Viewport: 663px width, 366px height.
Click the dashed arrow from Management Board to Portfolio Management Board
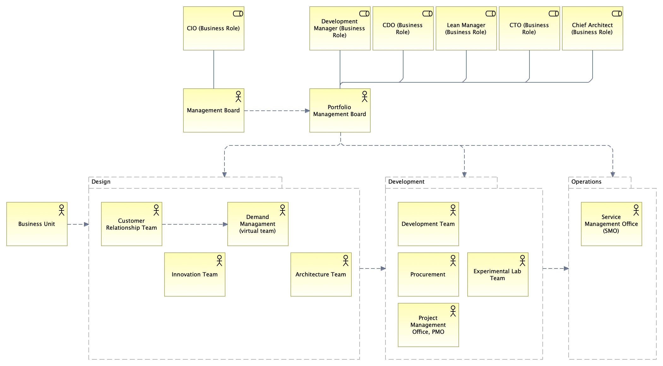[x=276, y=111]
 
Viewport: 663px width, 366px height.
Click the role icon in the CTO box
[x=554, y=14]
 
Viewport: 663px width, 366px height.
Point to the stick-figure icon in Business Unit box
[x=62, y=210]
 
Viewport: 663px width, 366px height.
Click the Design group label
[x=101, y=182]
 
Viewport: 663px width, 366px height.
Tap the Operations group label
[x=586, y=182]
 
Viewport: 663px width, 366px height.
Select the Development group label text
[x=406, y=182]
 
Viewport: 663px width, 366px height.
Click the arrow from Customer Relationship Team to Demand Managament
[x=194, y=224]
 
